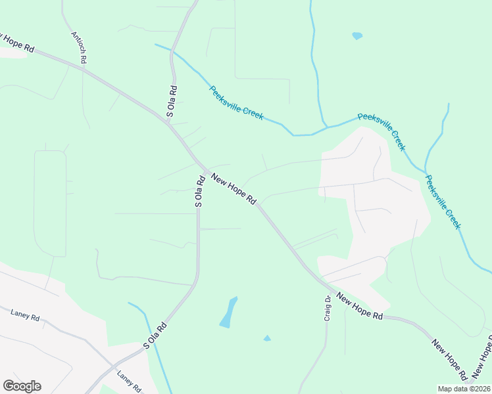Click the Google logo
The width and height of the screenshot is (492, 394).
pos(22,386)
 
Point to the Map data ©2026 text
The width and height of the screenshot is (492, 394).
pos(463,389)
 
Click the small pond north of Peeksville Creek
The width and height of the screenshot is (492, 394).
pos(357,35)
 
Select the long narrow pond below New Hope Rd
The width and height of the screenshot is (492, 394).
pos(228,313)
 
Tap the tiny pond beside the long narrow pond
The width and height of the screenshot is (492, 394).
pos(266,338)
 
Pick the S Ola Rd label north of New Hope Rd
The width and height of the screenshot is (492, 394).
pos(171,102)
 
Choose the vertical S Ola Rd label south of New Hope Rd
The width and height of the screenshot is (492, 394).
pos(199,191)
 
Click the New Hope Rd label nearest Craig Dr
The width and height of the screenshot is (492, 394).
pos(359,306)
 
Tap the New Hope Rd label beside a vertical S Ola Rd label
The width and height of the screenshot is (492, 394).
pos(233,188)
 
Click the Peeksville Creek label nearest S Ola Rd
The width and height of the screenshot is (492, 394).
pos(237,102)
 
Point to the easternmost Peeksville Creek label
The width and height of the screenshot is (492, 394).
pos(443,202)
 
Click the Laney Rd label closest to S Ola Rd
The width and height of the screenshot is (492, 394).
pos(130,382)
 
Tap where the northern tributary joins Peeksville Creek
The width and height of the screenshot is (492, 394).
pos(326,126)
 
